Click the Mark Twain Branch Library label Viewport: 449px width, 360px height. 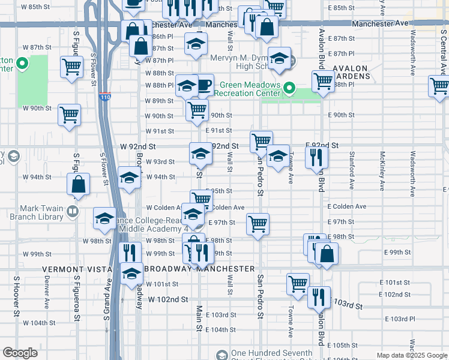pyautogui.click(x=36, y=212)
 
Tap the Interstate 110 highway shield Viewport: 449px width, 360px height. pyautogui.click(x=106, y=96)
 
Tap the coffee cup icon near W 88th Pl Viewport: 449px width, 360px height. pyautogui.click(x=204, y=84)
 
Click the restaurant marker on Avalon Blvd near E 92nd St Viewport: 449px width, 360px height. pyautogui.click(x=316, y=158)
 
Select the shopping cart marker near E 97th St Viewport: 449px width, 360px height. pyautogui.click(x=258, y=224)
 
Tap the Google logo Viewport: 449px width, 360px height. pyautogui.click(x=20, y=353)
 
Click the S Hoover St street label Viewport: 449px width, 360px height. pyautogui.click(x=17, y=295)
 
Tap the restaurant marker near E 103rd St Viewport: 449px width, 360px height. pyautogui.click(x=319, y=296)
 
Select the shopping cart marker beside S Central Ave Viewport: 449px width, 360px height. pyautogui.click(x=440, y=86)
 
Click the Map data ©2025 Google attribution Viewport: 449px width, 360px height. pyautogui.click(x=412, y=355)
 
